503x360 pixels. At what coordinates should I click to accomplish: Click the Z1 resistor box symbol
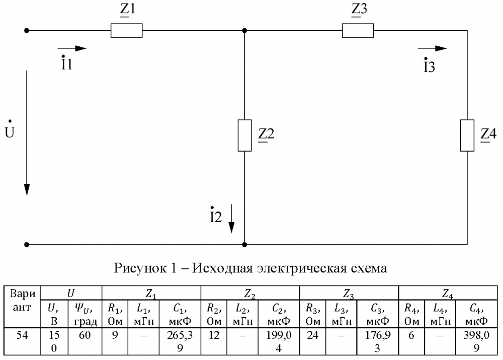coord(126,31)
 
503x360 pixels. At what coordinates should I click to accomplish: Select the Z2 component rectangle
coord(244,135)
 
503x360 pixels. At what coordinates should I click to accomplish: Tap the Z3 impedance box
coord(358,31)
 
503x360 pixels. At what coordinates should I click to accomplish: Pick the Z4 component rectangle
coord(467,135)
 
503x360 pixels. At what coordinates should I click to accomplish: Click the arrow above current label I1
coord(72,48)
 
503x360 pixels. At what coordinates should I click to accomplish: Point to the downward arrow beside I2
coord(231,219)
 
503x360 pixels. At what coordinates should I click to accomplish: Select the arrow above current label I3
coord(432,48)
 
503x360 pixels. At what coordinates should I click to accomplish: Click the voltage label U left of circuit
coord(9,130)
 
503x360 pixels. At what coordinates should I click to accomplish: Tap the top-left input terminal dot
coord(27,31)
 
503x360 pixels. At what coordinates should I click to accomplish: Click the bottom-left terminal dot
coord(27,245)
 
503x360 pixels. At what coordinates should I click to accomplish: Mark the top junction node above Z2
coord(244,31)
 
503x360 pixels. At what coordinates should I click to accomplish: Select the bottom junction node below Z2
coord(244,245)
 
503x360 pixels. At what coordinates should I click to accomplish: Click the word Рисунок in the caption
coord(140,268)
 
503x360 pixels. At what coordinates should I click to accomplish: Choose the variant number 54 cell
coord(22,335)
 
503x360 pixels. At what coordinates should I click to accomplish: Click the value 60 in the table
coord(85,335)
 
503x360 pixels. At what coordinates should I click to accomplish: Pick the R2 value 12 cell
coord(214,335)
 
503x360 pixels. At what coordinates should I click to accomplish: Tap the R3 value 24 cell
coord(313,335)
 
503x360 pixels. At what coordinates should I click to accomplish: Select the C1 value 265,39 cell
coord(180,341)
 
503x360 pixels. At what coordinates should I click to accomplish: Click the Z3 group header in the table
coord(349,294)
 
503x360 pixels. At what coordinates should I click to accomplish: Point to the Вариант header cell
coord(22,300)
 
